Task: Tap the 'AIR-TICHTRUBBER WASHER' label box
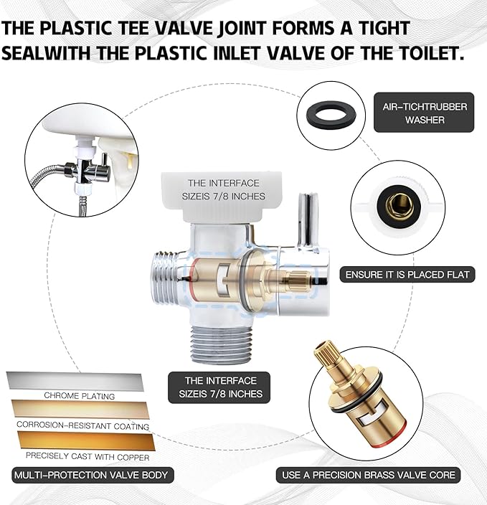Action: pyautogui.click(x=424, y=113)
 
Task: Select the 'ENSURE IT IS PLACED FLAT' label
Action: pyautogui.click(x=407, y=275)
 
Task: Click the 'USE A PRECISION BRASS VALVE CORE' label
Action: pyautogui.click(x=368, y=475)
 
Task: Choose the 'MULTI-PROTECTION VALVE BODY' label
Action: pyautogui.click(x=93, y=475)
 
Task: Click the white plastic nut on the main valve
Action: pyautogui.click(x=222, y=197)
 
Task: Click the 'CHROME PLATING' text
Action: pyautogui.click(x=79, y=396)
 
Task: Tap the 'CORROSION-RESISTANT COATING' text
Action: pyautogui.click(x=83, y=426)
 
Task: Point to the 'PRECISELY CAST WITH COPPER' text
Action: pyautogui.click(x=88, y=456)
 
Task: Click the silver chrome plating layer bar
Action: pyautogui.click(x=75, y=381)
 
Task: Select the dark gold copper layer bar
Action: pyautogui.click(x=86, y=440)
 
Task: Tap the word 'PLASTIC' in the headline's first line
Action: pyautogui.click(x=75, y=27)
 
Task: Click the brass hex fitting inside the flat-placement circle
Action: pyautogui.click(x=399, y=206)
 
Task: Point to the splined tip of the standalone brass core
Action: pyautogui.click(x=326, y=354)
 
